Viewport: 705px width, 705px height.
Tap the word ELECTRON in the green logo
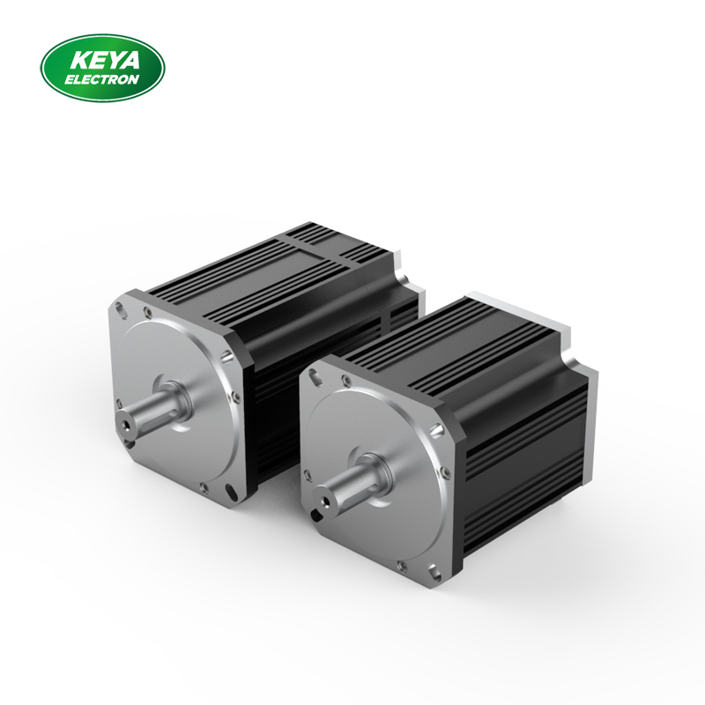(x=102, y=78)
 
